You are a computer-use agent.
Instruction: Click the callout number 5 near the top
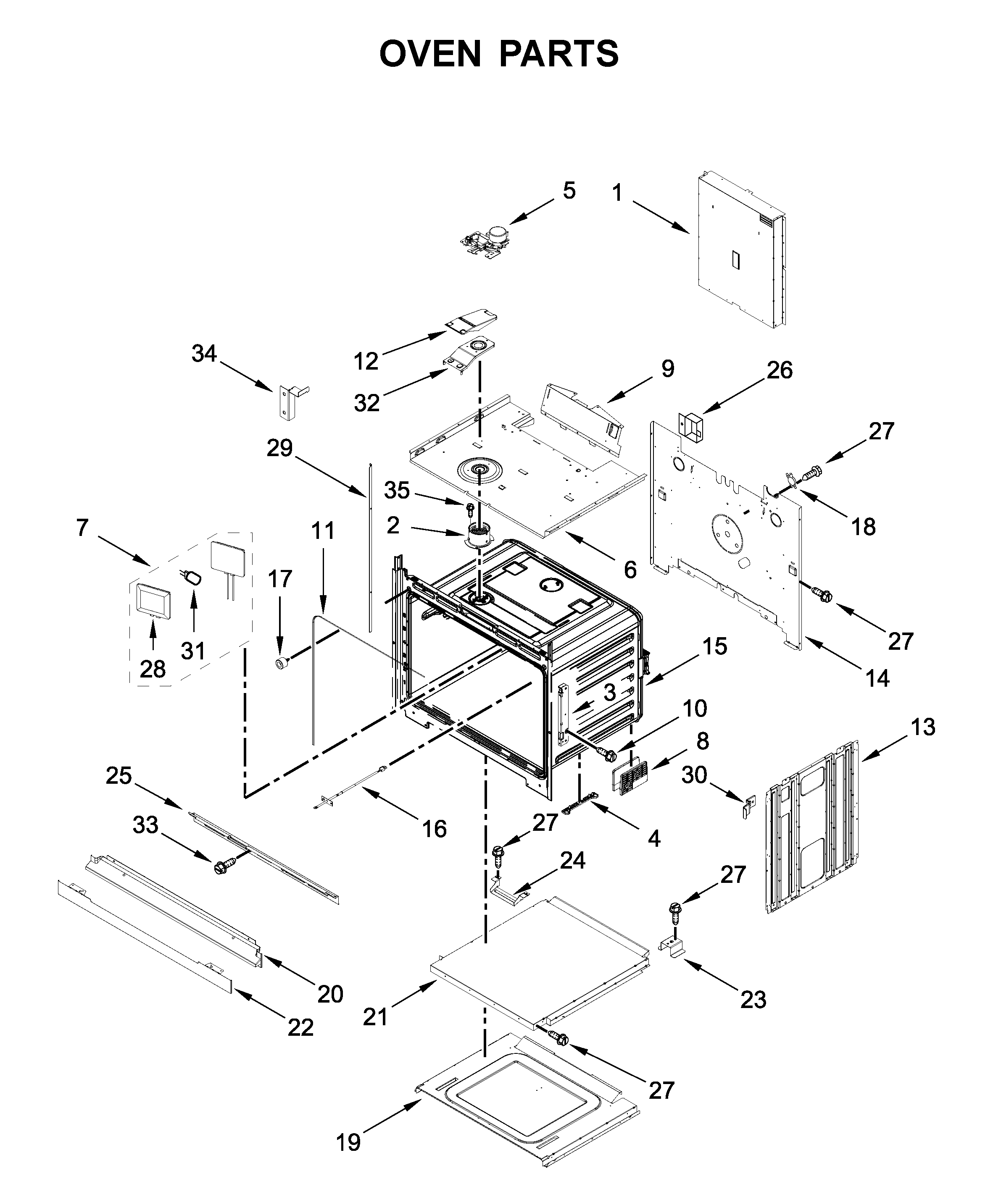click(569, 191)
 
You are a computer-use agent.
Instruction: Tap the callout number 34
click(204, 354)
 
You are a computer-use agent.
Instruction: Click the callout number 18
click(863, 527)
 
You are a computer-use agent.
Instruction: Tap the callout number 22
click(300, 1027)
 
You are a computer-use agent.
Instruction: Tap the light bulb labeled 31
click(192, 578)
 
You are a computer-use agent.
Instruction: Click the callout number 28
click(153, 669)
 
